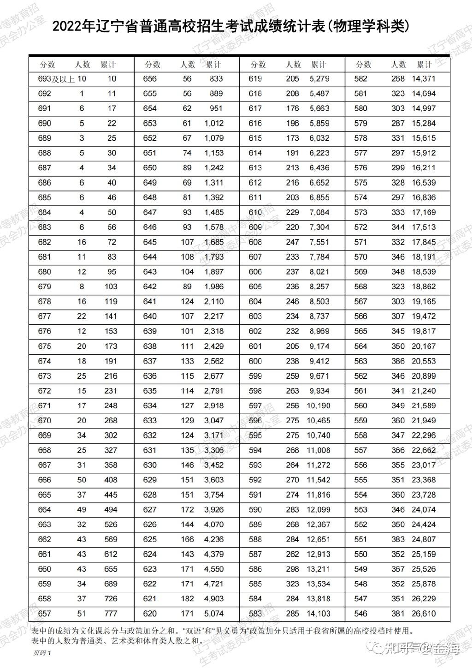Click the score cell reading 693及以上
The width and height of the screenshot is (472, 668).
tap(56, 79)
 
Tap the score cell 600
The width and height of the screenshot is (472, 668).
tap(255, 361)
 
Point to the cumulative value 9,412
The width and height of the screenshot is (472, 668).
tap(319, 361)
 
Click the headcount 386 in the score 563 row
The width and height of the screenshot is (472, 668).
tap(398, 361)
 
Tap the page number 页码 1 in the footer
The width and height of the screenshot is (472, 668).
tap(41, 653)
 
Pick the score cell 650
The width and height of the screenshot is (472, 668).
tap(150, 168)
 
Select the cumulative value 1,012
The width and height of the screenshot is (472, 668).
tap(213, 123)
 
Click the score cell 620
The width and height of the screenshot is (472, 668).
tap(150, 614)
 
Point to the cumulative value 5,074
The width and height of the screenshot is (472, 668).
tap(213, 614)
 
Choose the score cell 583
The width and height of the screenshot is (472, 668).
tap(255, 614)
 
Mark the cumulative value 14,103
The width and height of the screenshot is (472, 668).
tap(318, 614)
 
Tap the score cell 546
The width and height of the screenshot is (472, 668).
tap(361, 614)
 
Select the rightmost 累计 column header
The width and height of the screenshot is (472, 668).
tap(424, 65)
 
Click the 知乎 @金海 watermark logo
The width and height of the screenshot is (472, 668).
tap(417, 648)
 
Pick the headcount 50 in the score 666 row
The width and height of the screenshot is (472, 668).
tap(82, 480)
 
